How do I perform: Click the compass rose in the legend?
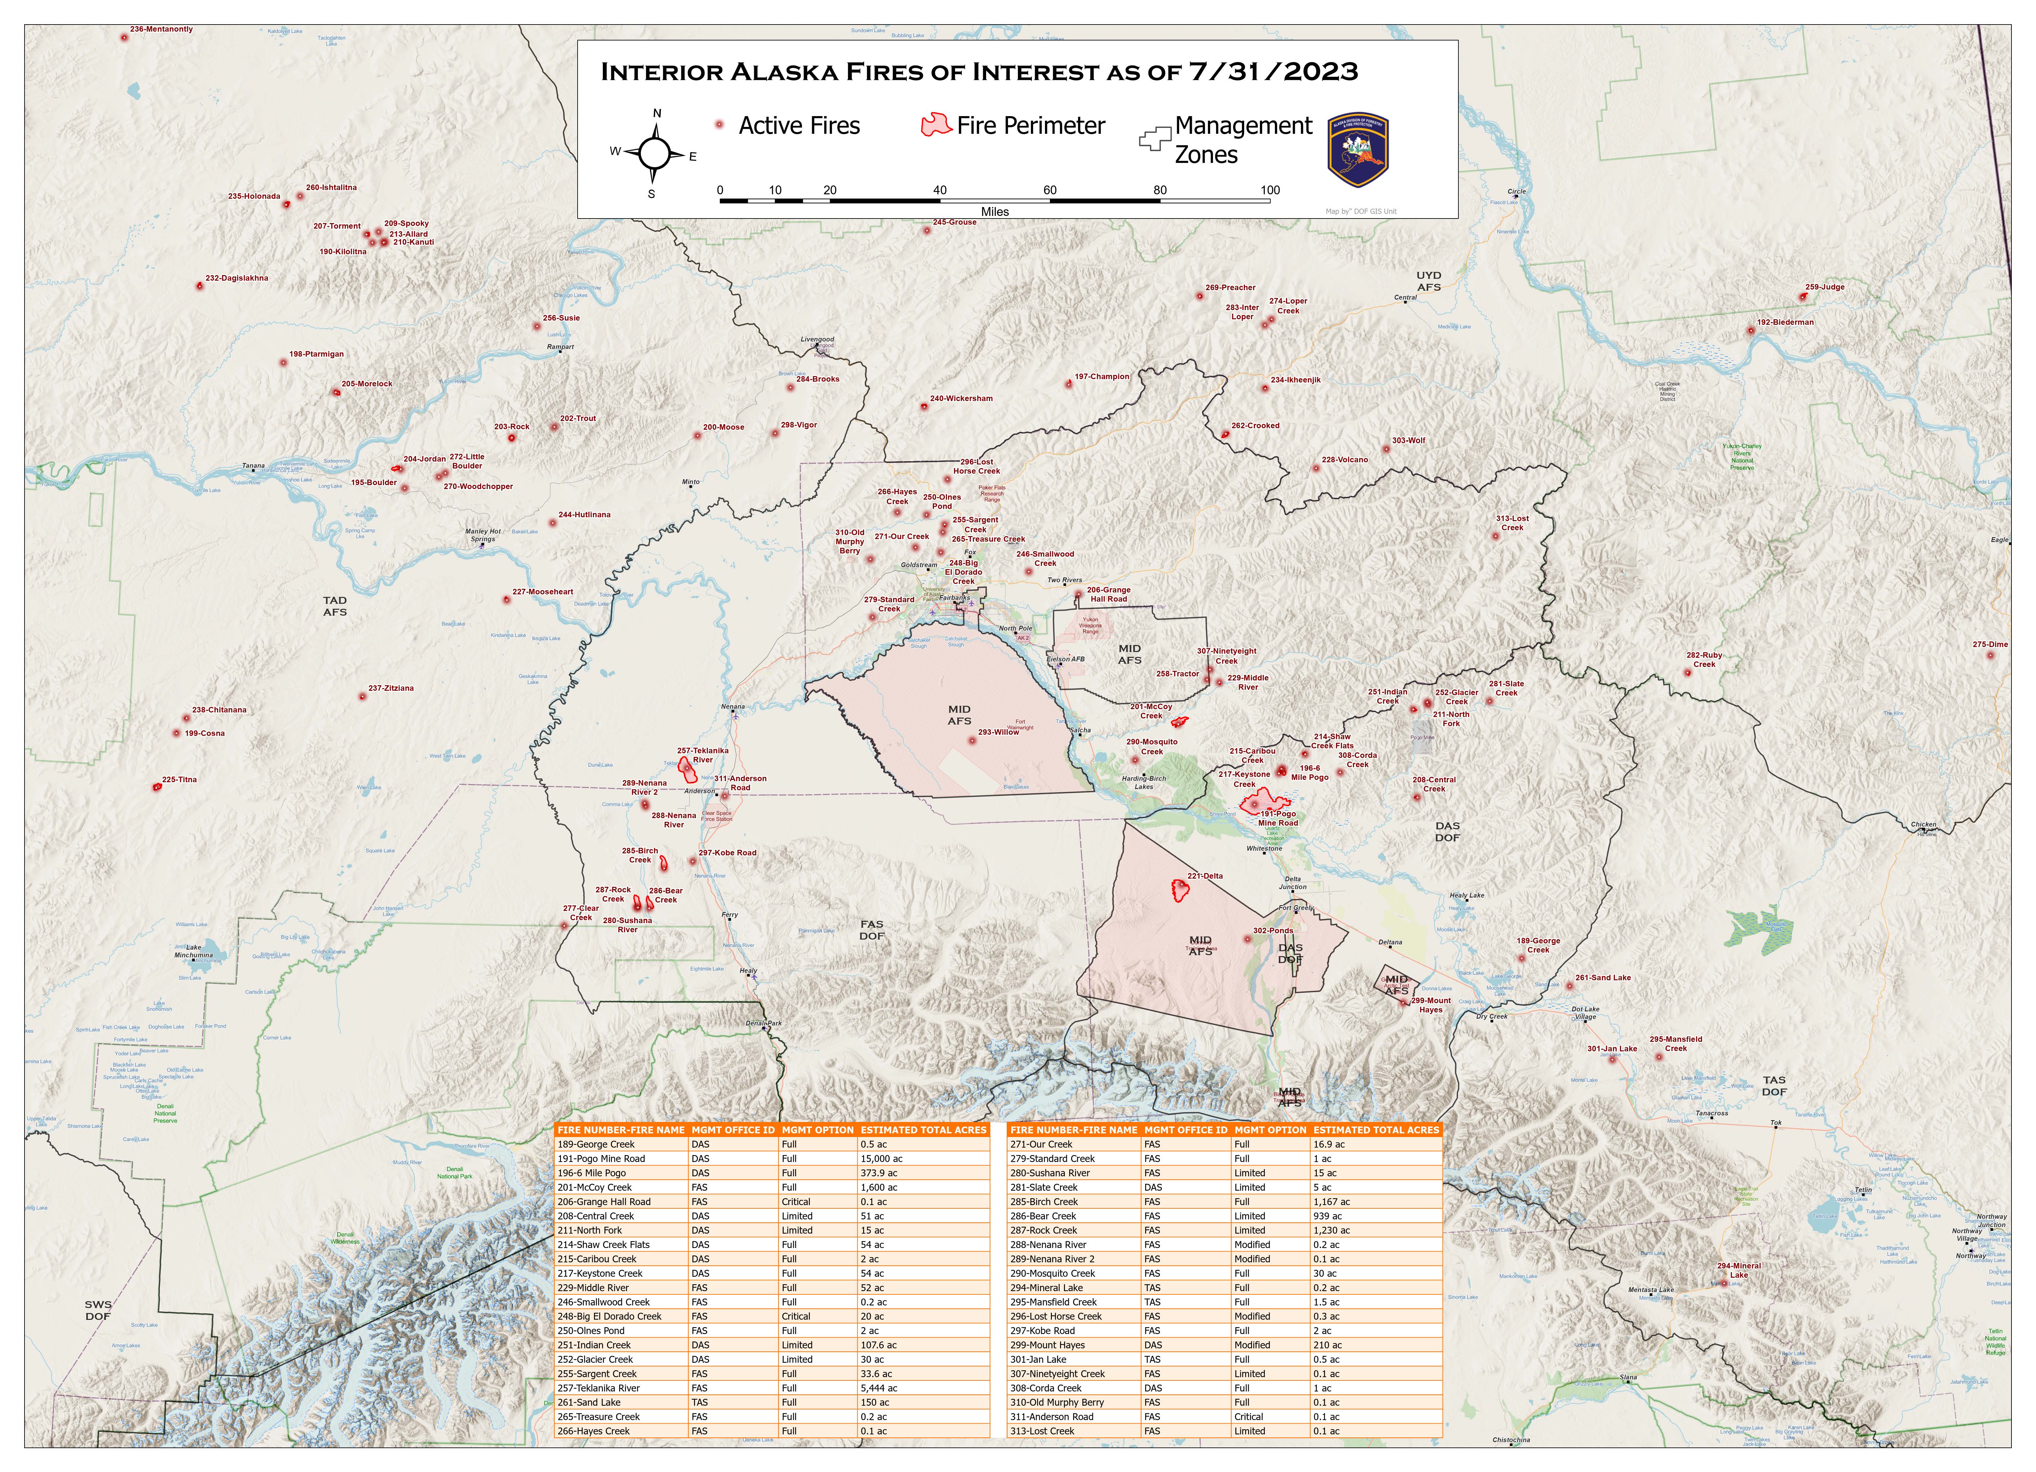point(654,153)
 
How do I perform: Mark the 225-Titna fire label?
point(180,780)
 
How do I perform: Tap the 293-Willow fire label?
point(998,732)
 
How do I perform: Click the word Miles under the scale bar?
point(995,212)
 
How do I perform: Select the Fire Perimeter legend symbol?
point(935,125)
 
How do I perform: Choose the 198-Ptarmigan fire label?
point(316,355)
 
